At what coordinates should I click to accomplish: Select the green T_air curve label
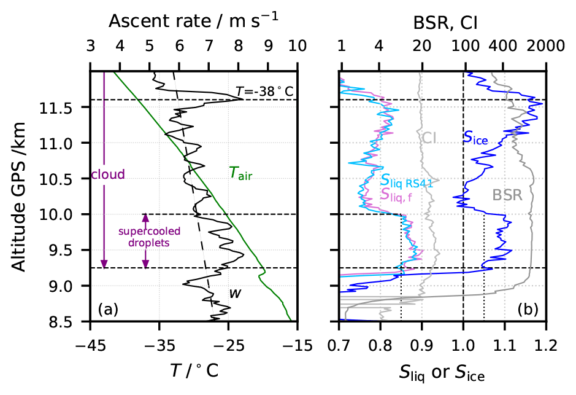pyautogui.click(x=240, y=174)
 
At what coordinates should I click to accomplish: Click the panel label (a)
pyautogui.click(x=107, y=310)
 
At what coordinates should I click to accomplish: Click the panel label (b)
pyautogui.click(x=527, y=310)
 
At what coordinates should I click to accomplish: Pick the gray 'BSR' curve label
pyautogui.click(x=507, y=195)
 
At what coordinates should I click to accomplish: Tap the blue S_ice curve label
pyautogui.click(x=475, y=139)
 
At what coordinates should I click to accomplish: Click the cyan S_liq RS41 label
pyautogui.click(x=405, y=180)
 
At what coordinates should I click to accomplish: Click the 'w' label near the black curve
pyautogui.click(x=234, y=293)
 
